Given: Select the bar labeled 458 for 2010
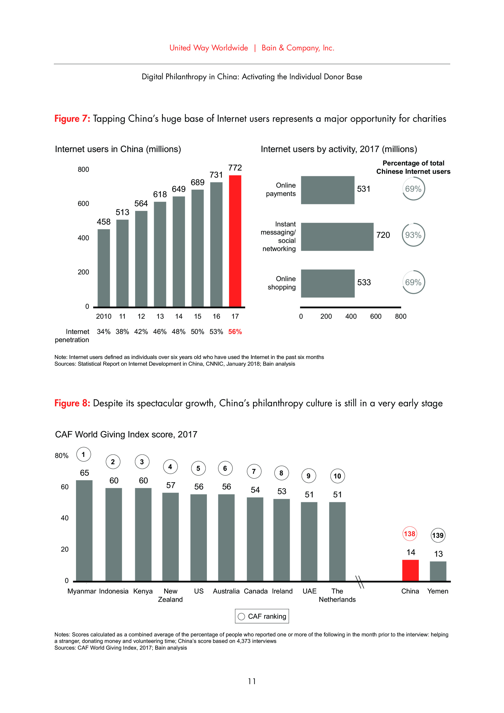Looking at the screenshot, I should (103, 268).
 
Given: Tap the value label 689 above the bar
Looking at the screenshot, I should (198, 182).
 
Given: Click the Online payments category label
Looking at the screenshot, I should (281, 189).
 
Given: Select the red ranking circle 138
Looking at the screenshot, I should (409, 534).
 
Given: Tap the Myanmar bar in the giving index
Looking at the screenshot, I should (84, 530).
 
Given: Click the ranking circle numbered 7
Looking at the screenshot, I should (254, 471).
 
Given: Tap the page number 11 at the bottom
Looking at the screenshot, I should (252, 681).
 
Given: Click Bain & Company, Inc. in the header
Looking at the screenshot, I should (298, 48).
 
